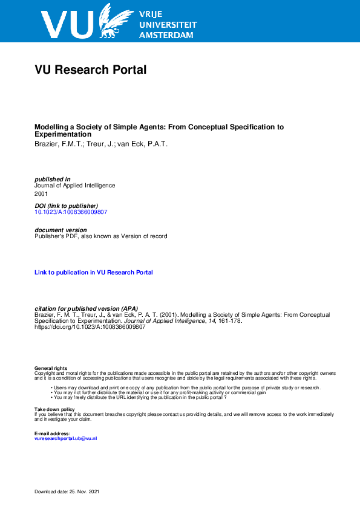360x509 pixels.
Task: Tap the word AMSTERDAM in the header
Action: [166, 35]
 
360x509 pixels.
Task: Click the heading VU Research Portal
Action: [91, 70]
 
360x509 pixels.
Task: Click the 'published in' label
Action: [53, 179]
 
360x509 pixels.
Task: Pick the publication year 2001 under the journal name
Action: [41, 194]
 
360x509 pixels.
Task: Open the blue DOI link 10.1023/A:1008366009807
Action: [71, 212]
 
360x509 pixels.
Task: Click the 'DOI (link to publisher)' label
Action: [66, 206]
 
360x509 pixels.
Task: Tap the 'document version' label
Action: [61, 230]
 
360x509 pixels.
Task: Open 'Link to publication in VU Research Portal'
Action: [94, 273]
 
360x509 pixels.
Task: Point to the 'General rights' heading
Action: [51, 368]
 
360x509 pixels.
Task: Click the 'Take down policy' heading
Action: [54, 409]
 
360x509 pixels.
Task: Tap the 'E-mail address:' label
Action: [53, 433]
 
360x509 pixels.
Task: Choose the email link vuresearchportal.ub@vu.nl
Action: [66, 438]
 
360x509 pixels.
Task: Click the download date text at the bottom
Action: [67, 493]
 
